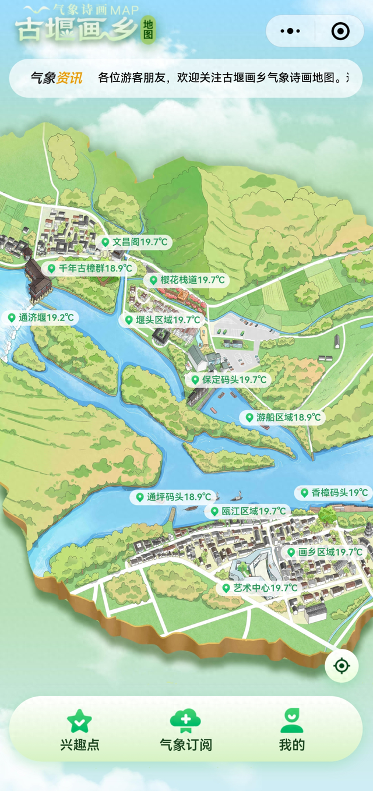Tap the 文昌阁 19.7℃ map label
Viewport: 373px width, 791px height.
(135, 242)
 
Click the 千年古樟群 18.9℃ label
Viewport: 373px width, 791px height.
(89, 269)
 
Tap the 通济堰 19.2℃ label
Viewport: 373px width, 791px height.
(40, 317)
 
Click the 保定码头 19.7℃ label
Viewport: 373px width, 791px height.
(228, 380)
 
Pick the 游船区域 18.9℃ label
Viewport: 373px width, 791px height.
(282, 417)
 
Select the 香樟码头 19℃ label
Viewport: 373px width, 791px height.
(333, 493)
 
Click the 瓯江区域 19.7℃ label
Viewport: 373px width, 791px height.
(248, 511)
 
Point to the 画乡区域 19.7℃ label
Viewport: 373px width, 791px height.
(325, 552)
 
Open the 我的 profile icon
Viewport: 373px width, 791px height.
(291, 721)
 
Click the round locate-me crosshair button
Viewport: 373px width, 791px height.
(342, 665)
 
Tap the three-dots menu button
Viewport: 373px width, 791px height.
(290, 31)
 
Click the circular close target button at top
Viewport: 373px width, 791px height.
(340, 31)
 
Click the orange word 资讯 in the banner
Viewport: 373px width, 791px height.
(69, 78)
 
